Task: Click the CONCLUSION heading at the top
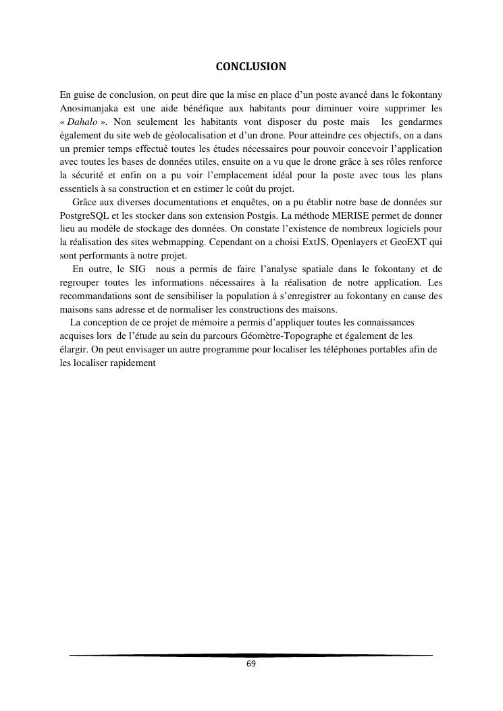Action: [x=250, y=67]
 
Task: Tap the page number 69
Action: [x=251, y=664]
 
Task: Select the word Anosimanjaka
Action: [x=88, y=108]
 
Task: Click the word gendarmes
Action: [x=420, y=122]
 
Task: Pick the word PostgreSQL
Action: [x=84, y=215]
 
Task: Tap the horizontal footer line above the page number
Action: [x=251, y=655]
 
